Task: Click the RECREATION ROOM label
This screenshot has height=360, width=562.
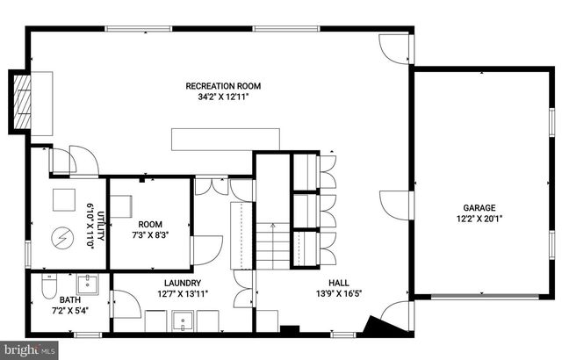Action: [x=223, y=86]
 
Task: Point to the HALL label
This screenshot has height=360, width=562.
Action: [x=339, y=283]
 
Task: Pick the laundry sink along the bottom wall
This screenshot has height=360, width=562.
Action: [x=184, y=324]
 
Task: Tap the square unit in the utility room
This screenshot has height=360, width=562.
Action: [x=63, y=200]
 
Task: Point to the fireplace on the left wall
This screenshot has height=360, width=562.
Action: [x=22, y=102]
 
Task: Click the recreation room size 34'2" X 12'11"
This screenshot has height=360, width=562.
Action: [x=223, y=97]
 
